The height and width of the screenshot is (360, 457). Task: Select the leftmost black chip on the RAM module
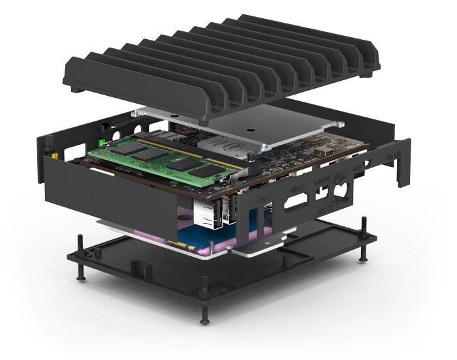(123, 149)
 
